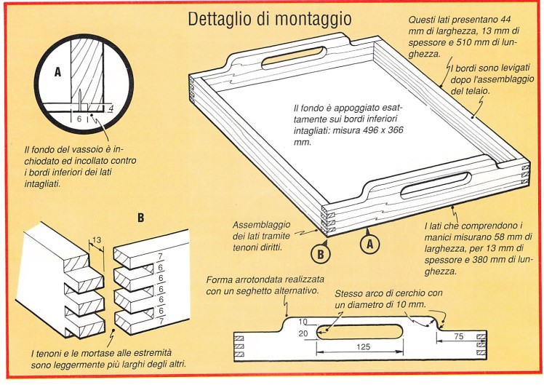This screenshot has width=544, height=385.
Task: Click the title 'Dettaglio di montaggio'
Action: [x=269, y=18]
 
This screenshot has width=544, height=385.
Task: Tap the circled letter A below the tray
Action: [x=369, y=245]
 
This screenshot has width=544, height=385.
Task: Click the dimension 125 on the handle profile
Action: [x=361, y=346]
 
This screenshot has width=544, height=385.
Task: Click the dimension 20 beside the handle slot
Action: [x=302, y=333]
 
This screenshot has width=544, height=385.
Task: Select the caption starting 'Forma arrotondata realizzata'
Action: [x=263, y=285]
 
